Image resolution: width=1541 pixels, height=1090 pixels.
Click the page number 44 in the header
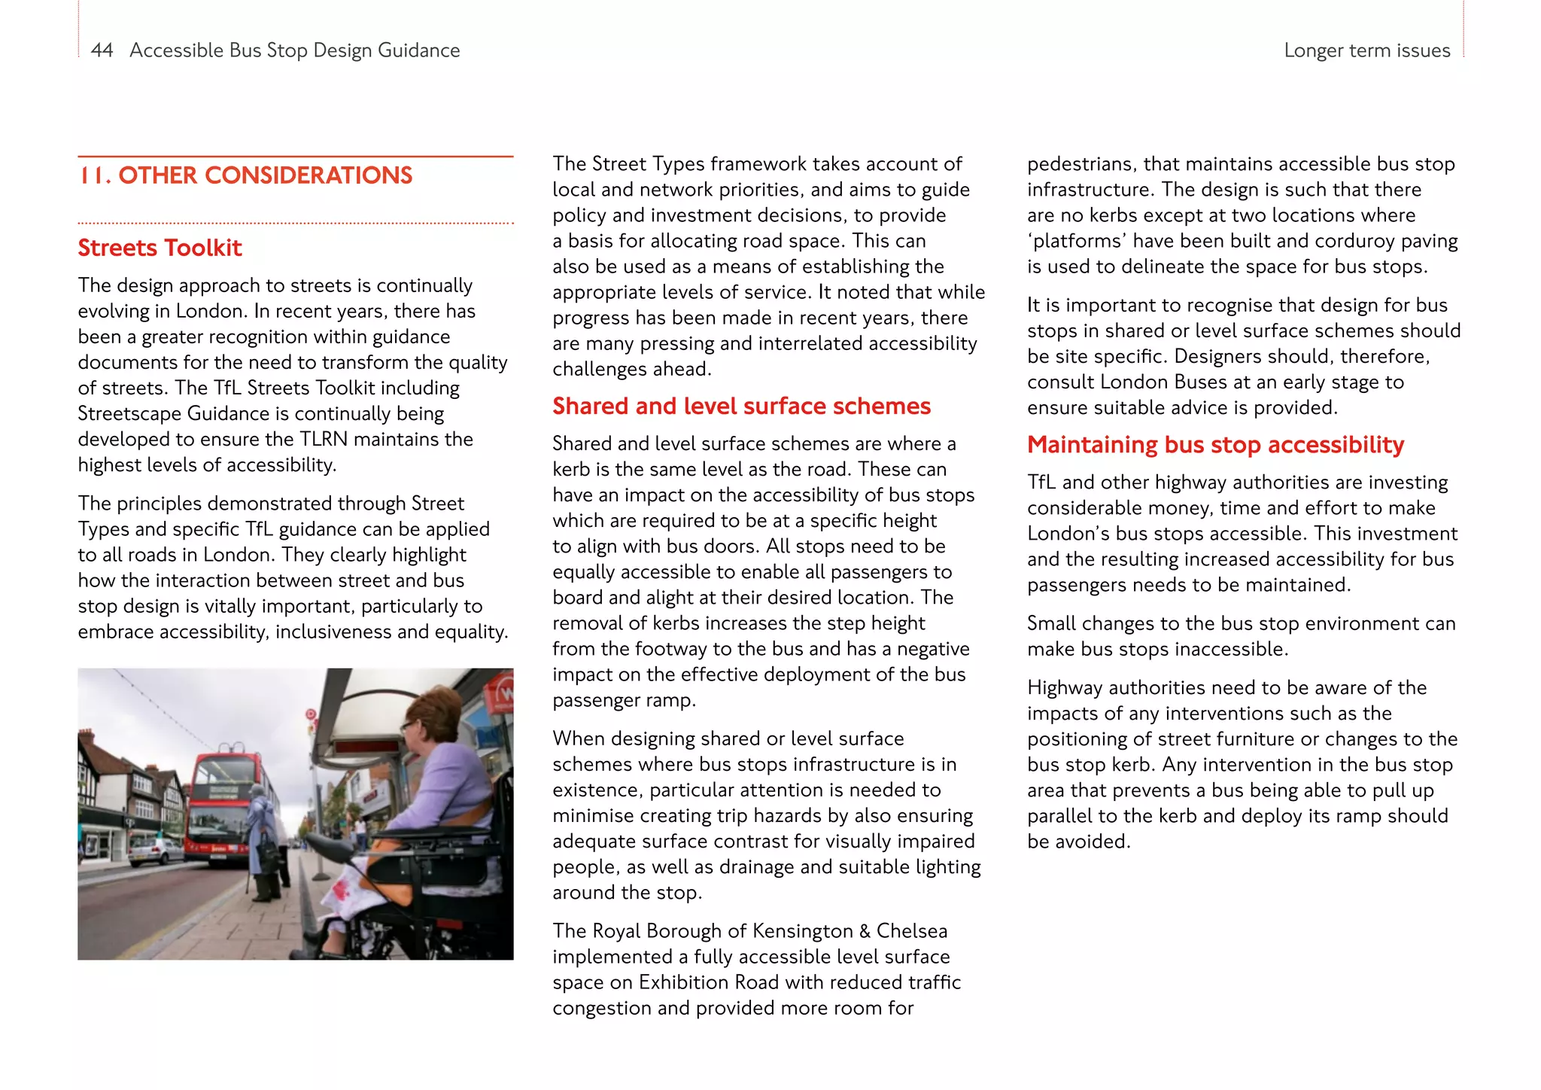(102, 50)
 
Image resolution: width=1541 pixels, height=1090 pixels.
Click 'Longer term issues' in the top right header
(1366, 50)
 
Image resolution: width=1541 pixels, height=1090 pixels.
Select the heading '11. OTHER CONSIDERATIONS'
(245, 175)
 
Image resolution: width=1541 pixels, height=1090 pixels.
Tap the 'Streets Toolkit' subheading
(160, 248)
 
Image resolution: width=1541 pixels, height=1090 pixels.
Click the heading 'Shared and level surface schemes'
(741, 406)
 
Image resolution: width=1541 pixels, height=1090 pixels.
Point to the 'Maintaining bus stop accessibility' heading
(1215, 445)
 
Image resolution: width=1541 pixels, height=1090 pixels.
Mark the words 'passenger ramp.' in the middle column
(624, 701)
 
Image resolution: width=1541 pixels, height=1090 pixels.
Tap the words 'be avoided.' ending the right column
(1078, 842)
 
